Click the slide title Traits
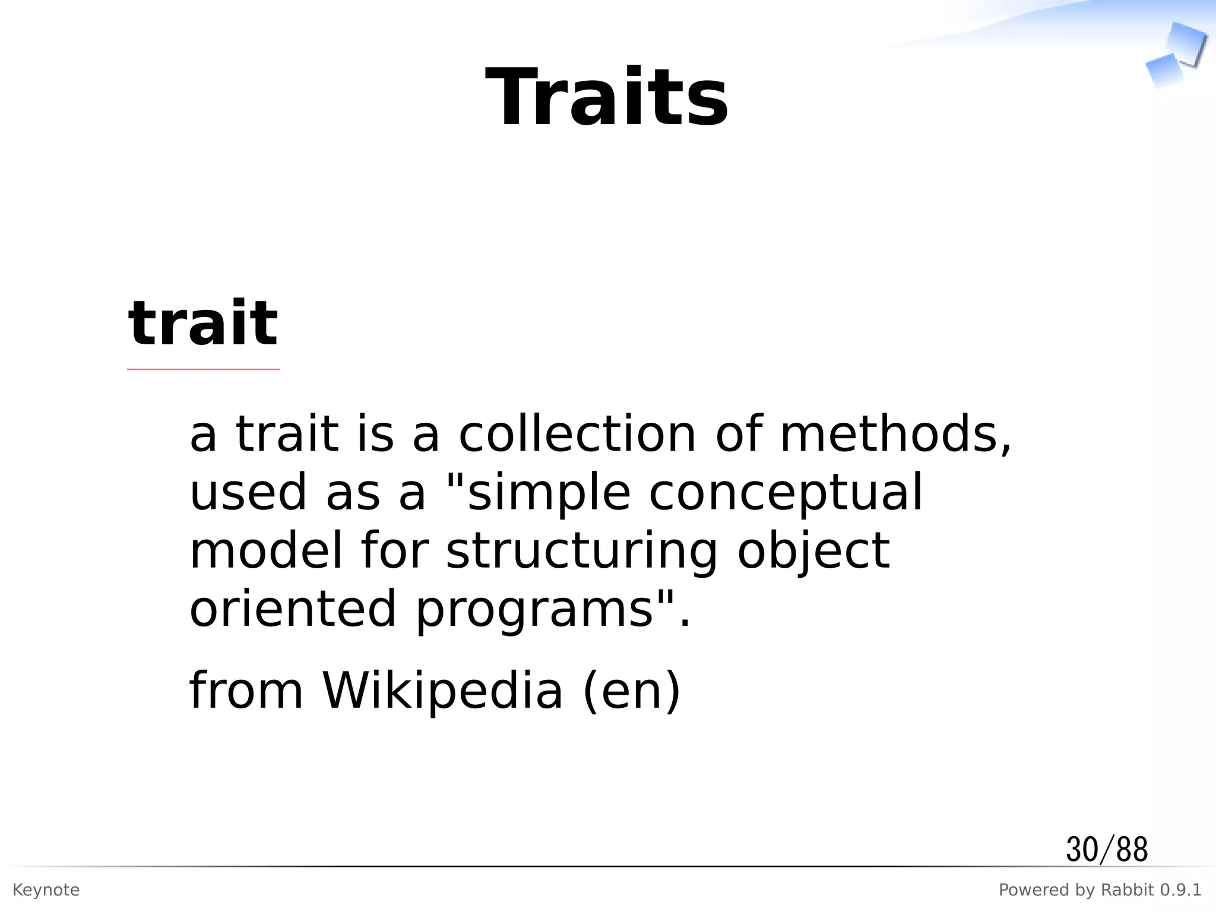point(607,97)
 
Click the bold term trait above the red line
point(203,324)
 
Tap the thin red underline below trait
point(203,369)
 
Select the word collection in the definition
point(577,434)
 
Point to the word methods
point(895,434)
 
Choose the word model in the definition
point(266,550)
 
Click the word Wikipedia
point(442,690)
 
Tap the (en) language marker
point(632,691)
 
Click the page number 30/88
point(1107,850)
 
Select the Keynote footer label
point(46,890)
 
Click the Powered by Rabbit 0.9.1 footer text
point(1100,890)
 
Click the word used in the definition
point(248,493)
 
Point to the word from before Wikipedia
point(246,690)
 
